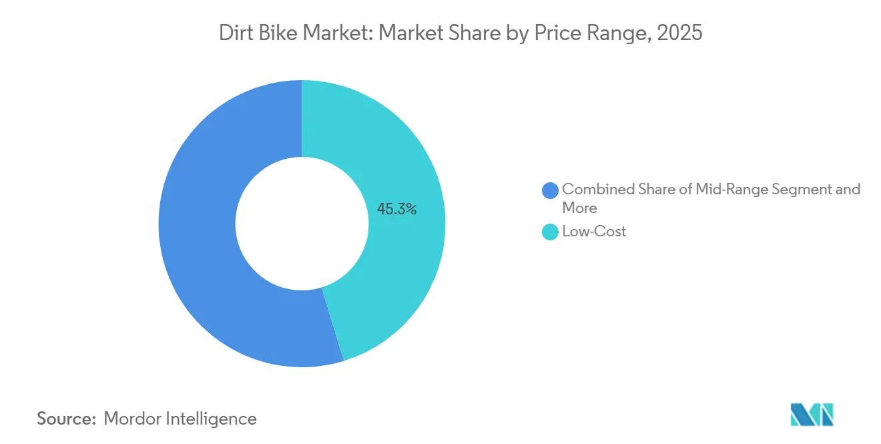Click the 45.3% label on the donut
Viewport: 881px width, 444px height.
396,209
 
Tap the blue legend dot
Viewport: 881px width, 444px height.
550,190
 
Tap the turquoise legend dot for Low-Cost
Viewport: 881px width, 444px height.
550,232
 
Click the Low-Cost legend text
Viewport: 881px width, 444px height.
594,232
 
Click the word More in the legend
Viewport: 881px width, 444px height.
579,208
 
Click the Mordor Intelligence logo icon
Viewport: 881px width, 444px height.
812,415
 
